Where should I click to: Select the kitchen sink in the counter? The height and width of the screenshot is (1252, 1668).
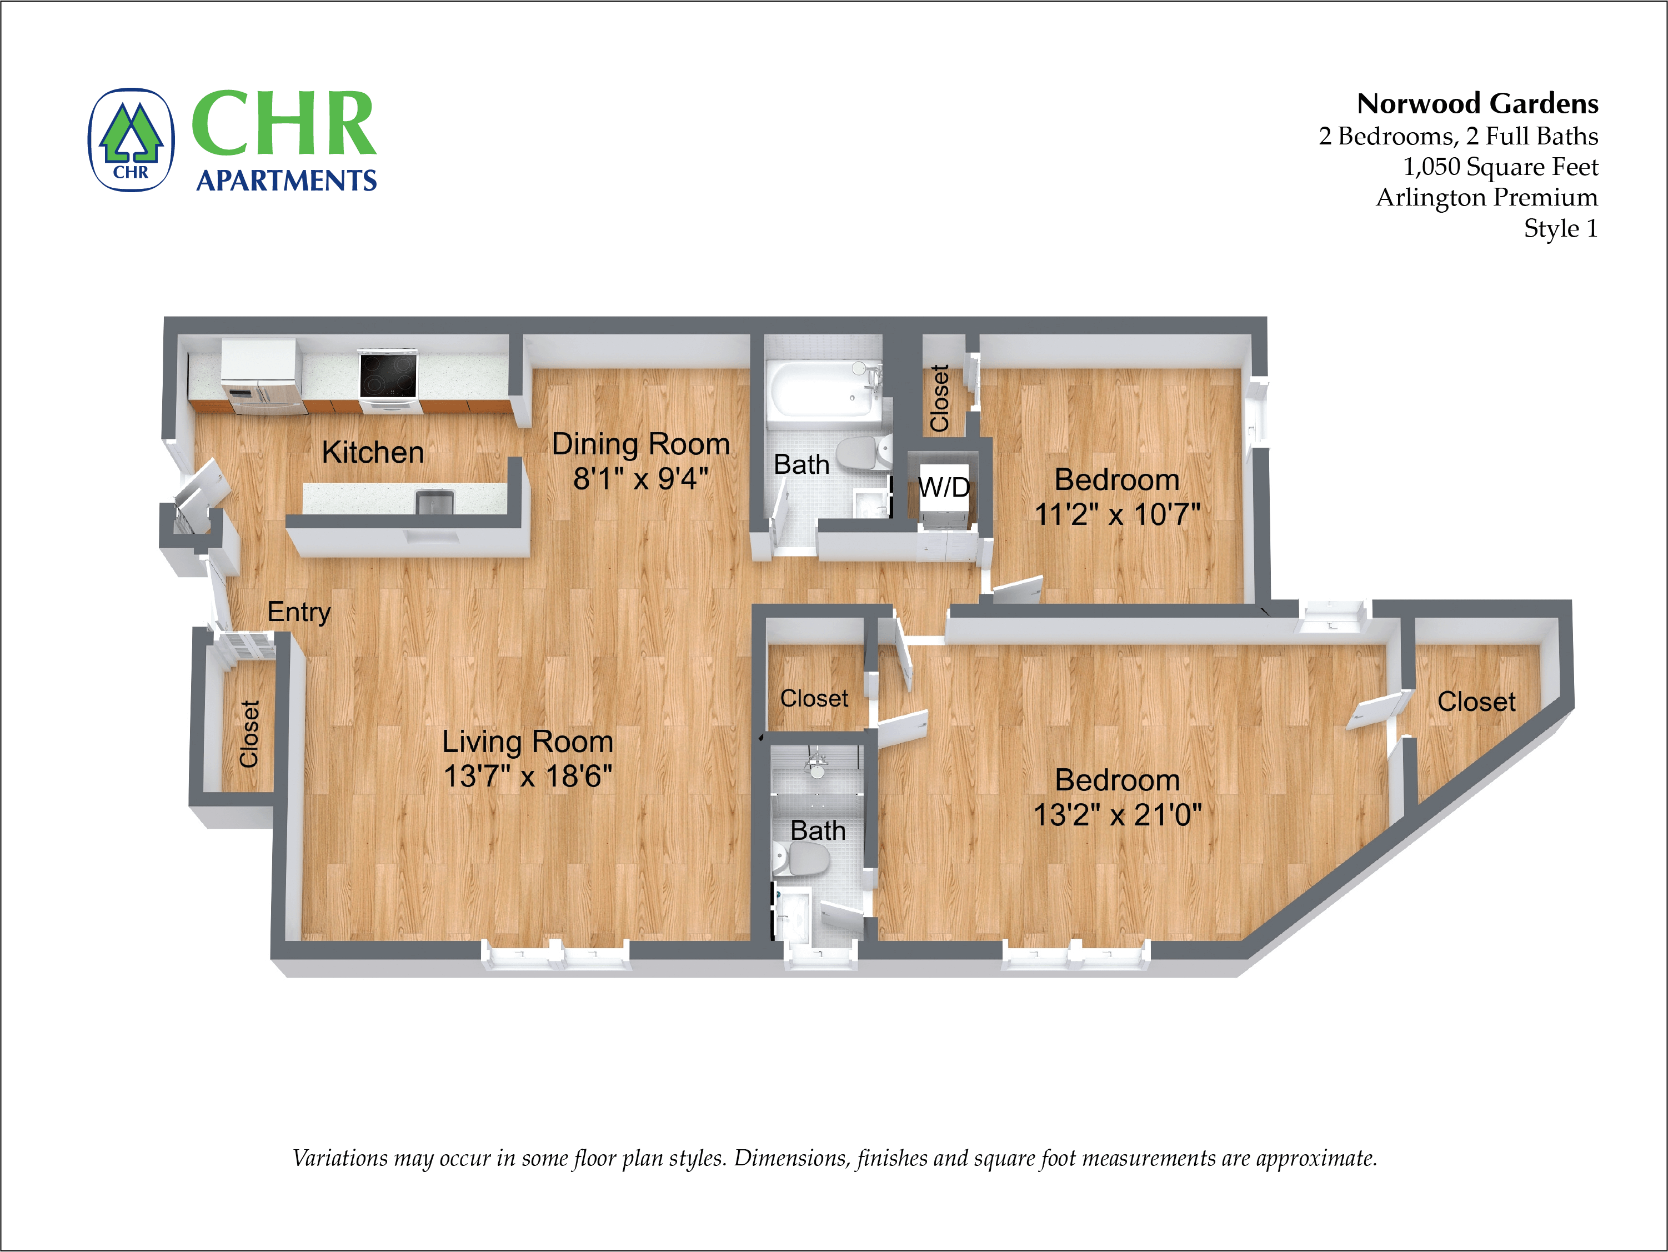pyautogui.click(x=435, y=502)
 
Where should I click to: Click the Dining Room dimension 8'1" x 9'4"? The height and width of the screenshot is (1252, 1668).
pyautogui.click(x=640, y=479)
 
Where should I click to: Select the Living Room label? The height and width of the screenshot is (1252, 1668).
pyautogui.click(x=527, y=742)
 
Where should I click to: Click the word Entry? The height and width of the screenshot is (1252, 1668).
pyautogui.click(x=299, y=612)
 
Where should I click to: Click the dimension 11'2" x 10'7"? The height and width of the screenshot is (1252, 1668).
pyautogui.click(x=1117, y=515)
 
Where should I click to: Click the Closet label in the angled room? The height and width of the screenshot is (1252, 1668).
pyautogui.click(x=1476, y=702)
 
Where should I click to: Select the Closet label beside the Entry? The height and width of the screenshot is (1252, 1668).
pyautogui.click(x=249, y=734)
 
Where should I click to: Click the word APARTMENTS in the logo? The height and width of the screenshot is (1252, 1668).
pyautogui.click(x=286, y=181)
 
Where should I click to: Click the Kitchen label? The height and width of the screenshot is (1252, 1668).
pyautogui.click(x=373, y=453)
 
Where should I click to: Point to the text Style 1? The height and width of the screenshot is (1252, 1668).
pyautogui.click(x=1560, y=228)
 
